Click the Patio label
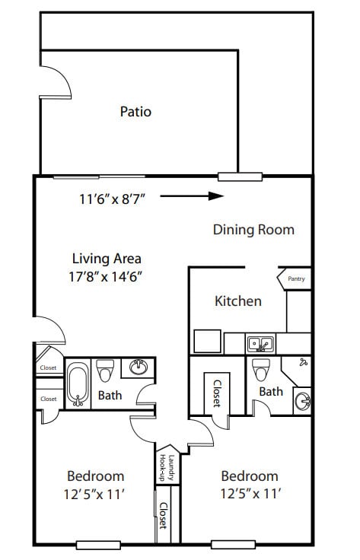click(x=135, y=112)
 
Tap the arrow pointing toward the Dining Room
click(x=192, y=196)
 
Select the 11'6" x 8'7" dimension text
click(x=113, y=199)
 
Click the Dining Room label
click(x=253, y=230)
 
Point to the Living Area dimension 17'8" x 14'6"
click(x=106, y=276)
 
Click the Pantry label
click(x=296, y=279)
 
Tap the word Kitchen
click(x=238, y=301)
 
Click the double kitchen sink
click(x=261, y=344)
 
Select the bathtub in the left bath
click(x=78, y=384)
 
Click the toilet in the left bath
click(x=105, y=371)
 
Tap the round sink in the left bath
click(x=139, y=367)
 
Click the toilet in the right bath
click(x=261, y=370)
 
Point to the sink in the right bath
click(x=303, y=402)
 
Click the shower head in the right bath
click(x=304, y=361)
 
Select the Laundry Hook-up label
click(x=167, y=467)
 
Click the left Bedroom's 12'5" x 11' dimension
click(x=94, y=495)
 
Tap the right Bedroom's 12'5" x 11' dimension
click(x=250, y=494)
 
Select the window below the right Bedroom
click(x=233, y=545)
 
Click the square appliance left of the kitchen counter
click(x=207, y=342)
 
